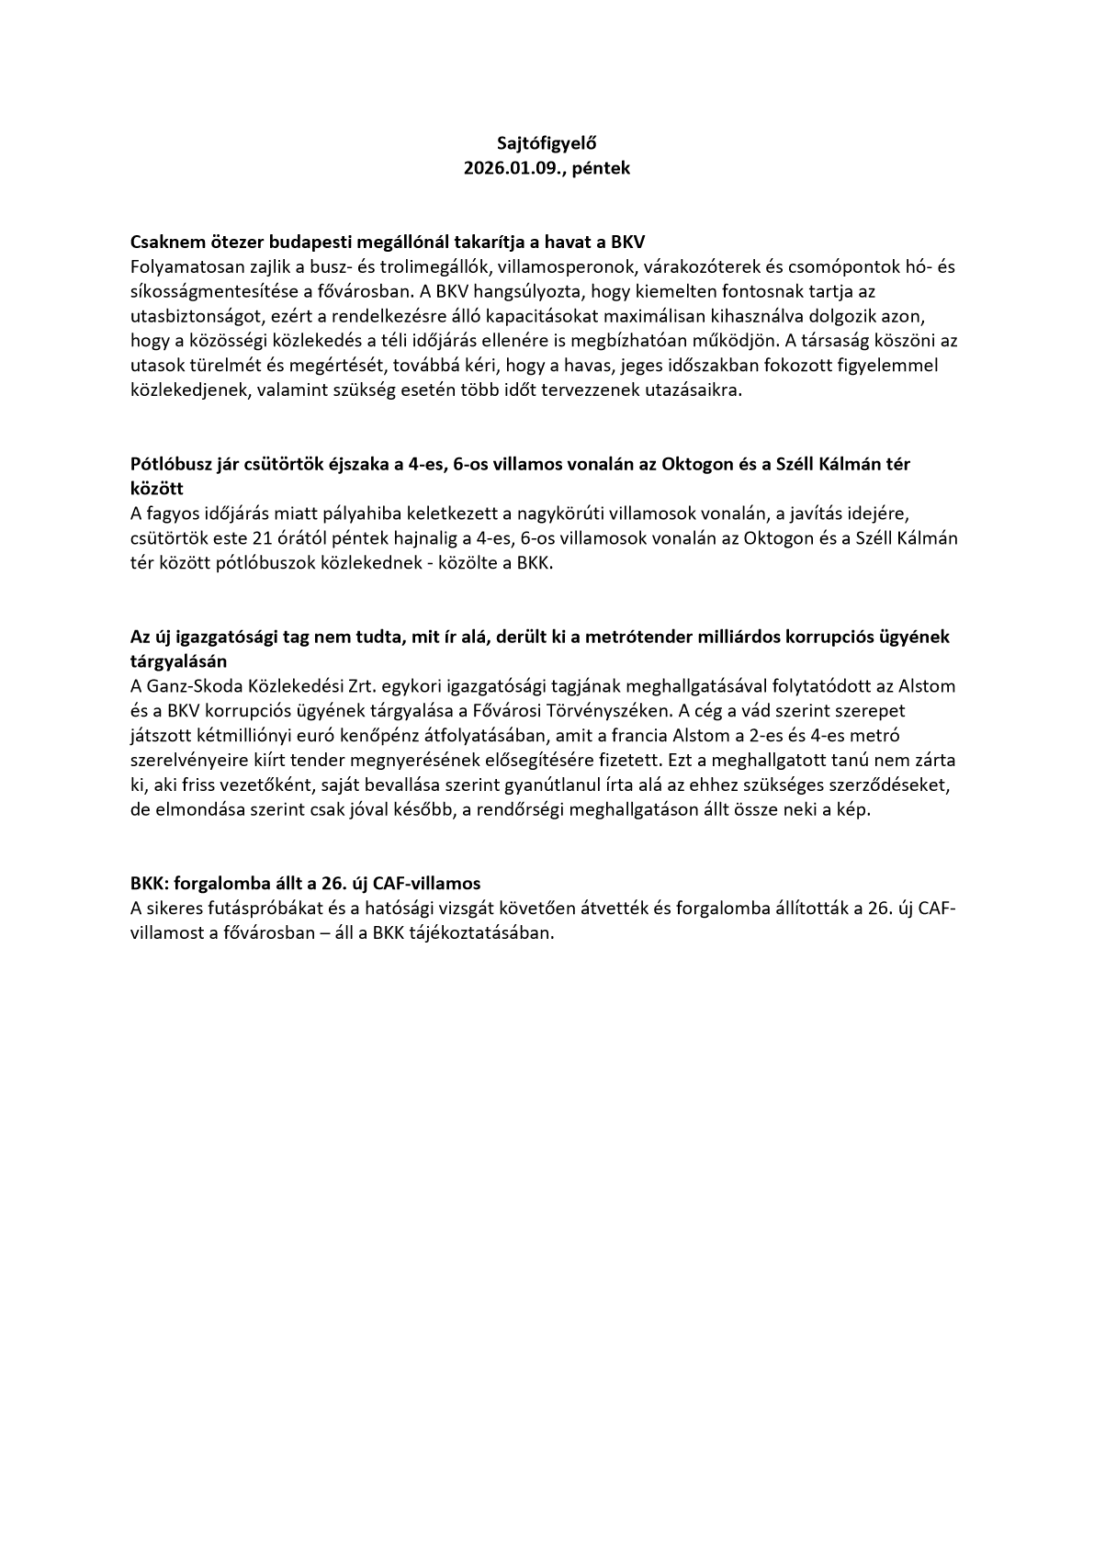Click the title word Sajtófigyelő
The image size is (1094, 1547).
coord(547,143)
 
